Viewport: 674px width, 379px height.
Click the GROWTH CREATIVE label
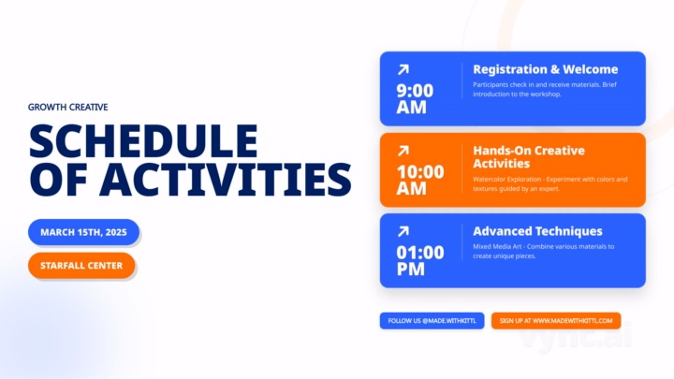[x=67, y=107]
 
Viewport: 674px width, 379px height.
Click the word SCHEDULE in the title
[x=143, y=140]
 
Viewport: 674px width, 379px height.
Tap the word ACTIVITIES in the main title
[x=225, y=178]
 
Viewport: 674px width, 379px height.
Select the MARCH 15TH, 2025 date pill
[x=83, y=232]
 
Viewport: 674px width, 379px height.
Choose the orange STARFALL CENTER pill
[x=81, y=266]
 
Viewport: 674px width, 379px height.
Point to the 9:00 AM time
[x=415, y=98]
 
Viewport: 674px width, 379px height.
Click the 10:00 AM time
[x=420, y=180]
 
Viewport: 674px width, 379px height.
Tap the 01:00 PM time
[x=420, y=260]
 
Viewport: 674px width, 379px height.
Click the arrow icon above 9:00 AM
[x=403, y=69]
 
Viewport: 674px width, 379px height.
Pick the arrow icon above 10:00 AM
[x=403, y=150]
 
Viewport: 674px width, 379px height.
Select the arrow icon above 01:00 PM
[x=403, y=231]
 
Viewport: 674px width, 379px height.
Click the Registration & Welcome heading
[x=545, y=69]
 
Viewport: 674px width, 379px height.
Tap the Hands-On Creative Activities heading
[x=529, y=156]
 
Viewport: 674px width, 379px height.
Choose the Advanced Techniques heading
[x=537, y=231]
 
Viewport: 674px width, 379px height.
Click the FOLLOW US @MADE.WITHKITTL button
[x=432, y=321]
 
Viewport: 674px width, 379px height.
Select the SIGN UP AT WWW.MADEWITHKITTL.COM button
[x=556, y=321]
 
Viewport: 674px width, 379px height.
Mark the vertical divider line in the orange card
[x=462, y=168]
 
